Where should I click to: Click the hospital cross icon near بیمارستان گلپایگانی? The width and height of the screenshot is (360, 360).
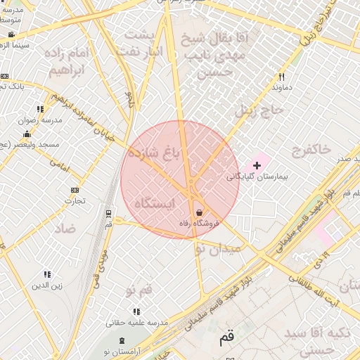257,165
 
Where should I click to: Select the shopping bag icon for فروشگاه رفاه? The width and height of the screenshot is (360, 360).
199,212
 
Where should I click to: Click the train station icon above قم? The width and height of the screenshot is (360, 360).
108,213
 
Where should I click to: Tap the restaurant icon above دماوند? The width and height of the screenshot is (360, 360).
281,77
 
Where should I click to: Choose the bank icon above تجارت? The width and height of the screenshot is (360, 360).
75,190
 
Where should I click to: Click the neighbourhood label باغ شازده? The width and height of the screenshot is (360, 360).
154,152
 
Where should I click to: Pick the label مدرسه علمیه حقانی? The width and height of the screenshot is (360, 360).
136,323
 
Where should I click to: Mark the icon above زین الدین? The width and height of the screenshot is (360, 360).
47,274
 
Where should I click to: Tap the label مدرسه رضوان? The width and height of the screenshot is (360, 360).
36,120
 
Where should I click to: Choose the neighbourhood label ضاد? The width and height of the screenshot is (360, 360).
65,229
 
